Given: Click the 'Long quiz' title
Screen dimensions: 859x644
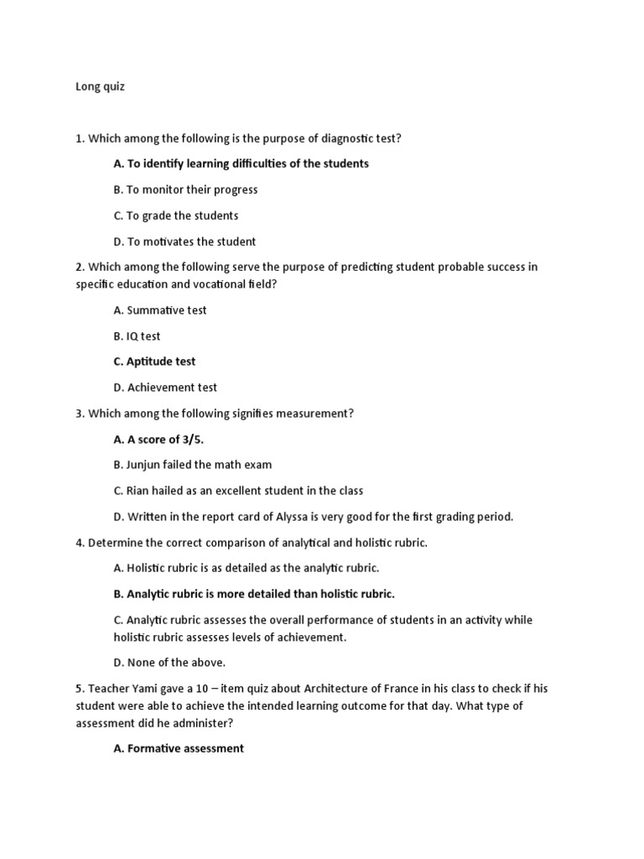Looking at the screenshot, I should (x=100, y=86).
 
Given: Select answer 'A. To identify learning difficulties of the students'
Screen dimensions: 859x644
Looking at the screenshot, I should (x=241, y=164).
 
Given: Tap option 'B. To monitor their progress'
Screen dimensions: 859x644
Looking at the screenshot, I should (x=185, y=190).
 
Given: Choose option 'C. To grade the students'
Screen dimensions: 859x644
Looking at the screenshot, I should (x=176, y=216).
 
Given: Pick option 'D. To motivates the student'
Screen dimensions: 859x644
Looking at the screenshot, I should (x=184, y=242).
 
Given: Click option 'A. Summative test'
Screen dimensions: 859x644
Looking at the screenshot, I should (x=159, y=310).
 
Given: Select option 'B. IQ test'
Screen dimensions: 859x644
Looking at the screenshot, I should (x=137, y=336).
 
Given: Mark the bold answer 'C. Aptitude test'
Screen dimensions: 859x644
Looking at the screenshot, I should (x=154, y=362).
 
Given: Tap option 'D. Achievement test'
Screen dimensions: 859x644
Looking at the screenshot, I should (x=165, y=388).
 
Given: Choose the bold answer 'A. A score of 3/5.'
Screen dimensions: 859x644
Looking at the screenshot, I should (x=158, y=439).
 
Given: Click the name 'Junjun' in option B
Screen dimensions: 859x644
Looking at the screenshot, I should (x=145, y=465).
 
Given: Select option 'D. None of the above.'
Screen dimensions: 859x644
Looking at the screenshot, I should (x=169, y=663).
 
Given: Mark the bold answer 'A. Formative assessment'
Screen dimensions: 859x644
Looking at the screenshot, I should (x=179, y=748).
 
